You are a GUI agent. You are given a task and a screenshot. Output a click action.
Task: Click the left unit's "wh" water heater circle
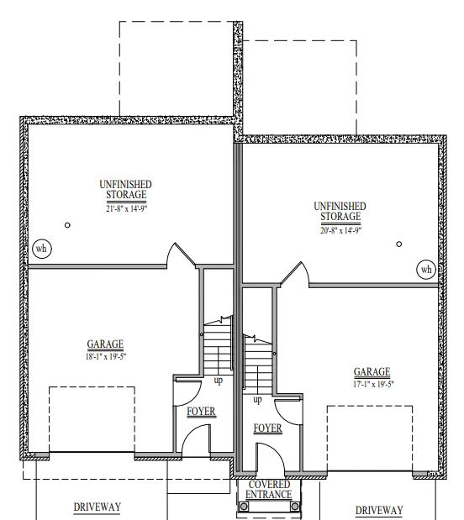(42, 249)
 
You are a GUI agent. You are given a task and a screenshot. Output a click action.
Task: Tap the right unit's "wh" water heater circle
(426, 270)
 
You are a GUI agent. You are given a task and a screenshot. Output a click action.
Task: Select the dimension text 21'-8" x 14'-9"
(126, 208)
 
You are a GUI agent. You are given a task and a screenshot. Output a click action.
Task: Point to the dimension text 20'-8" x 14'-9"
(340, 230)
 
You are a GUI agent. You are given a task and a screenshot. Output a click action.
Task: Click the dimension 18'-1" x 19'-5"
(106, 357)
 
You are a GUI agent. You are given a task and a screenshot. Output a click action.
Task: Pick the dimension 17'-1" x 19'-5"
(373, 385)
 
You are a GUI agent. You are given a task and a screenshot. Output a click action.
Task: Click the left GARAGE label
(105, 344)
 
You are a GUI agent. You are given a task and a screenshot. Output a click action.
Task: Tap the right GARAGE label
(372, 372)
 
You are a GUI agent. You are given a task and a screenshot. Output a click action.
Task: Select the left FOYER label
(201, 412)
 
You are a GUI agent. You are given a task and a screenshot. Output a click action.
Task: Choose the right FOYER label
(268, 428)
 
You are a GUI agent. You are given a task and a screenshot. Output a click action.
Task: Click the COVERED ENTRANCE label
(269, 490)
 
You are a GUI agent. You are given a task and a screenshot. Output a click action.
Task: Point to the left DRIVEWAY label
(97, 507)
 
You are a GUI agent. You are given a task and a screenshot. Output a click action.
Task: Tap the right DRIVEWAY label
(379, 510)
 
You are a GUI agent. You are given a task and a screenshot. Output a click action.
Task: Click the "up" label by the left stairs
(218, 380)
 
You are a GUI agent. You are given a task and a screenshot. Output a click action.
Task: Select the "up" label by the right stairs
(257, 400)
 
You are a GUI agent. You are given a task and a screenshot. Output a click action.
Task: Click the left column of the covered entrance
(244, 507)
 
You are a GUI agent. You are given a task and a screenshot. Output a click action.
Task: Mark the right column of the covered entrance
(295, 507)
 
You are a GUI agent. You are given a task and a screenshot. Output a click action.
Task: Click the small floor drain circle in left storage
(67, 225)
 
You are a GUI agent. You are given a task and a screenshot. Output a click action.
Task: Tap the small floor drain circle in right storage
(399, 244)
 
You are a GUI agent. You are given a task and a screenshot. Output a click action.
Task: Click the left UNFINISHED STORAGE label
(126, 190)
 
